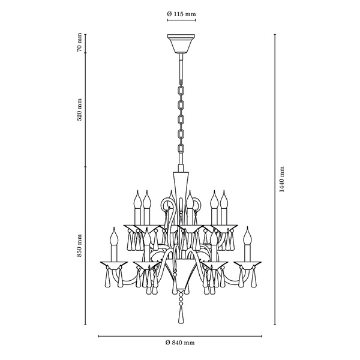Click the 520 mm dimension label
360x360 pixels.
79,110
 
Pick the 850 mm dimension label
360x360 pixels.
79,245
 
